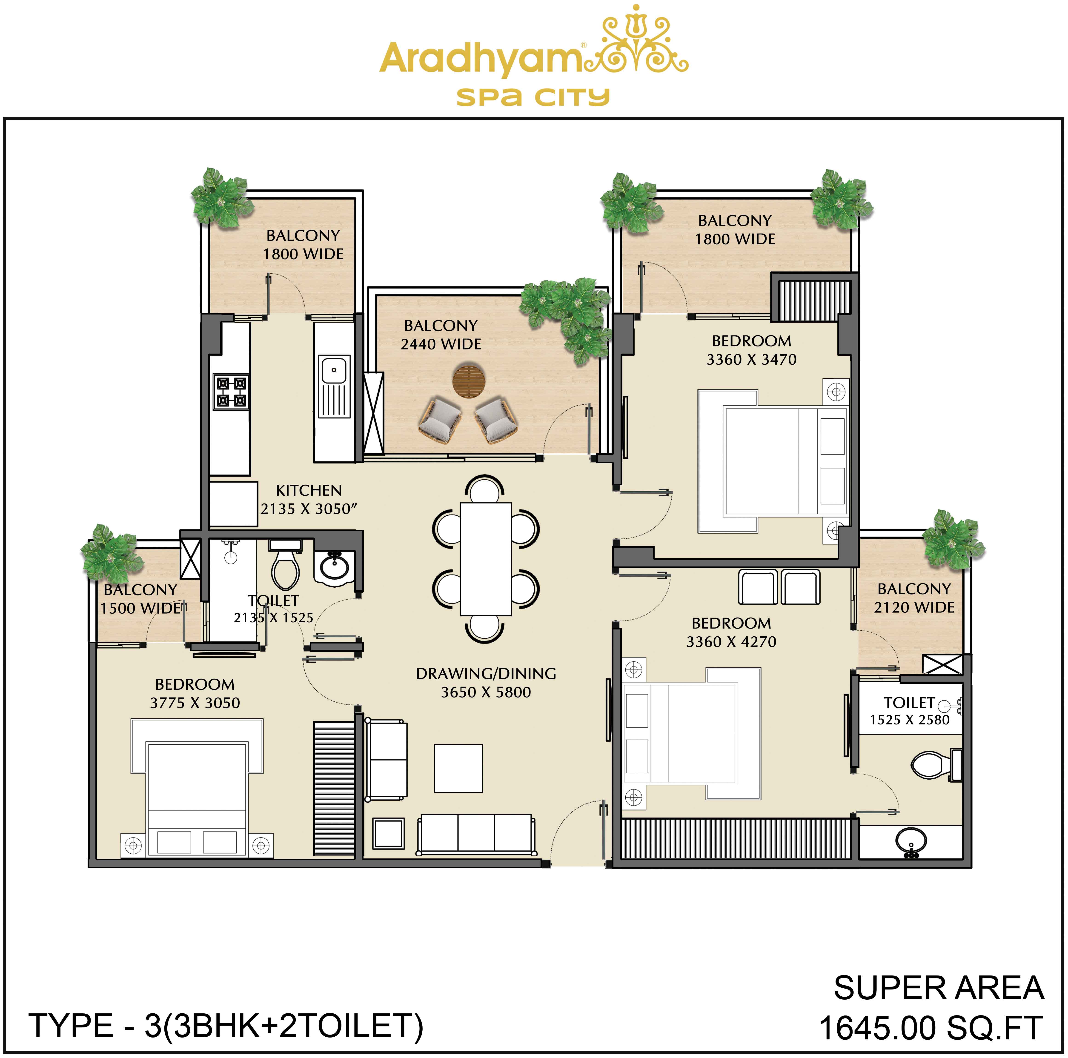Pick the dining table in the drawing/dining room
point(485,558)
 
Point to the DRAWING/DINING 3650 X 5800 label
point(486,683)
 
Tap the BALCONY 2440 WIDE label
point(441,335)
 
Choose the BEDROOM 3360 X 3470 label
point(751,350)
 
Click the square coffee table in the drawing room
point(458,768)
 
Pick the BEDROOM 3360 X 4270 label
point(731,632)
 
